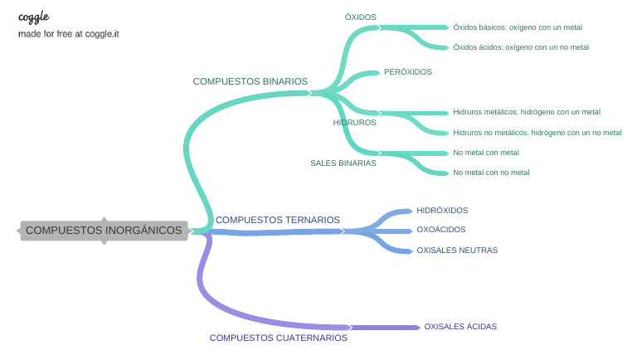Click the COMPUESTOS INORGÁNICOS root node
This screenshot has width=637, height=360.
point(104,231)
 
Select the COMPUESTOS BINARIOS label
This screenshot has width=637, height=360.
point(250,81)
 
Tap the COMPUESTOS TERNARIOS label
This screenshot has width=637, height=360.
point(277,220)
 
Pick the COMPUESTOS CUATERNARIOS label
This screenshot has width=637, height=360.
point(278,338)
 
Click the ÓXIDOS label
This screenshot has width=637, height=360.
point(360,17)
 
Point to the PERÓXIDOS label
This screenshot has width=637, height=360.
point(407,72)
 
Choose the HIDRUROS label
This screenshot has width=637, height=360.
point(354,122)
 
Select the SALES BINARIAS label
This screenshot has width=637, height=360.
point(343,163)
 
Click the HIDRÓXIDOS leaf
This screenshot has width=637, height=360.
point(442,211)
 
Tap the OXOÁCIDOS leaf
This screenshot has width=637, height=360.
point(440,230)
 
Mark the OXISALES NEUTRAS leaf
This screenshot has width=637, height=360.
point(456,250)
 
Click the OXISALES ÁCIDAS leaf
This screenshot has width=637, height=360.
point(460,327)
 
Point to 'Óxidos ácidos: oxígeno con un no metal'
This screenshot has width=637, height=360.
point(521,47)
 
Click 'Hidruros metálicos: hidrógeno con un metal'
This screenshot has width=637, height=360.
point(527,111)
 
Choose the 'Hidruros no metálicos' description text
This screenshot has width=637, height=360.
point(537,133)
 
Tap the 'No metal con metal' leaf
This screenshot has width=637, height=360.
point(486,153)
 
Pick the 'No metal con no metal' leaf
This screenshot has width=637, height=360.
point(491,173)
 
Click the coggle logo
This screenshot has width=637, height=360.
point(33,17)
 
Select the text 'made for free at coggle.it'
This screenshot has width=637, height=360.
point(68,35)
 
